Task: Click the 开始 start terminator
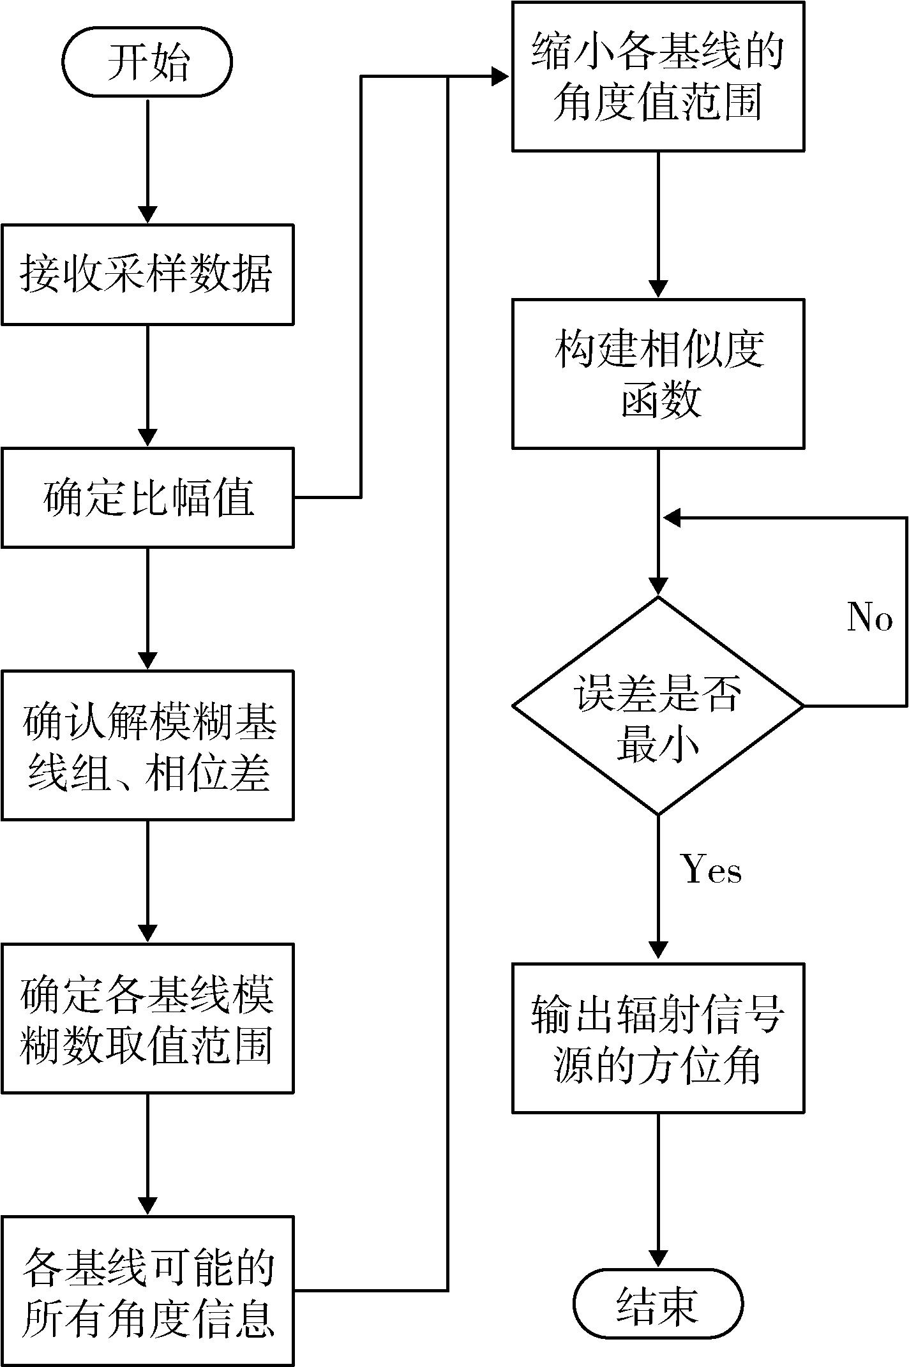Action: pyautogui.click(x=147, y=63)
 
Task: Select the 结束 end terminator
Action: pyautogui.click(x=657, y=1304)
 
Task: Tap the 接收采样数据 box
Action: pyautogui.click(x=147, y=274)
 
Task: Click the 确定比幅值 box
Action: pyautogui.click(x=147, y=498)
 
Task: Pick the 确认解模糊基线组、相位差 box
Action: pyautogui.click(x=147, y=745)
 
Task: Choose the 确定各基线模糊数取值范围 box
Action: pyautogui.click(x=147, y=1018)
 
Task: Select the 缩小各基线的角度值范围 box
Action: pyautogui.click(x=657, y=77)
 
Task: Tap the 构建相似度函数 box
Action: pyautogui.click(x=657, y=374)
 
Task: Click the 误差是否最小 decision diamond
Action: pyautogui.click(x=657, y=706)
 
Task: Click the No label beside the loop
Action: pyautogui.click(x=869, y=617)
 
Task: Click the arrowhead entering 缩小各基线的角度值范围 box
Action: pyautogui.click(x=500, y=77)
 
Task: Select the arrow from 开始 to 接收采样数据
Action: pyautogui.click(x=147, y=160)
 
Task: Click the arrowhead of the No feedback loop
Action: pyautogui.click(x=672, y=518)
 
